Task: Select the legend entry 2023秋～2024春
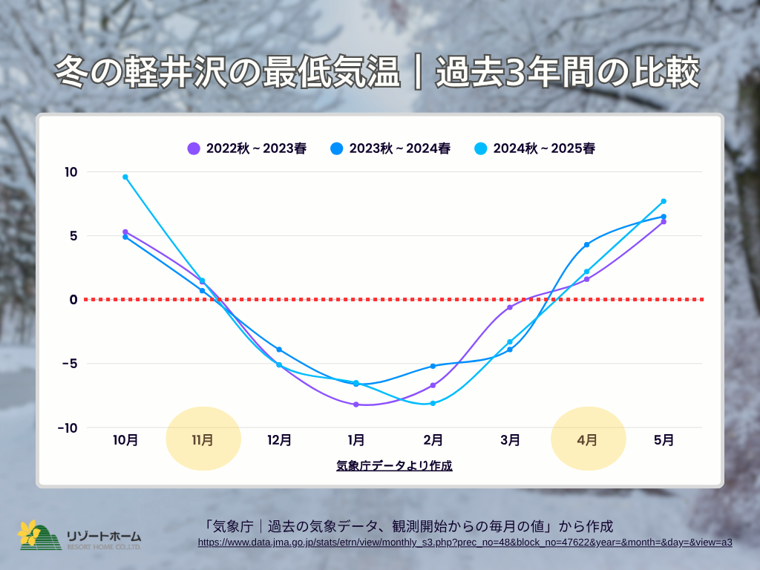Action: click(x=390, y=148)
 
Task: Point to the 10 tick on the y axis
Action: click(x=71, y=172)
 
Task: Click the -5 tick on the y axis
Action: click(x=68, y=364)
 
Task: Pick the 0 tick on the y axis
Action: click(x=73, y=300)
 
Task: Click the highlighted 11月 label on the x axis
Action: click(x=203, y=439)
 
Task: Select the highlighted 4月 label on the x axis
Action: click(x=587, y=439)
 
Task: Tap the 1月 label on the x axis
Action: click(x=356, y=439)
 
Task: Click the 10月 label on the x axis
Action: click(x=125, y=439)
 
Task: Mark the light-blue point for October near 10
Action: click(x=125, y=177)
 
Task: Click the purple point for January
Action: click(x=356, y=404)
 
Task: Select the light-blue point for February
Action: click(x=433, y=403)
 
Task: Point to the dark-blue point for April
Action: click(x=586, y=244)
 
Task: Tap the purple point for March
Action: click(x=510, y=307)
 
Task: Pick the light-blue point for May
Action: click(x=664, y=201)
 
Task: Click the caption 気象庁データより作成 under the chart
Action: click(x=394, y=466)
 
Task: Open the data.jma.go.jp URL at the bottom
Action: click(x=465, y=543)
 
